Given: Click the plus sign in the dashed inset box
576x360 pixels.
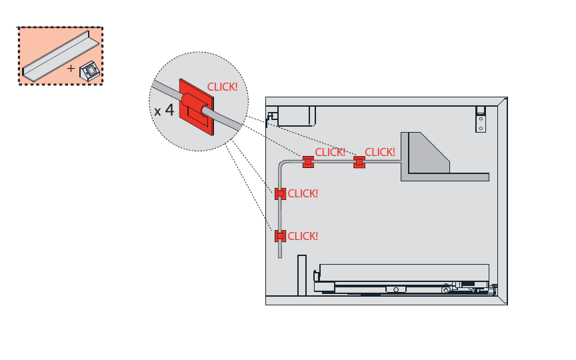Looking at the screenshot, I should (x=71, y=68).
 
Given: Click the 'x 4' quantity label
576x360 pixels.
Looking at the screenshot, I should (x=164, y=110).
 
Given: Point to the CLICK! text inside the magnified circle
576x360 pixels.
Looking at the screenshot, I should (x=222, y=87).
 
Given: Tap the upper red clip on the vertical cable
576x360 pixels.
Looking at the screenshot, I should (x=280, y=194).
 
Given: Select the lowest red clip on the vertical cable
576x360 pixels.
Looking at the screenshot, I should (x=280, y=235).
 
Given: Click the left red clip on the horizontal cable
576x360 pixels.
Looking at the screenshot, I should (x=308, y=161).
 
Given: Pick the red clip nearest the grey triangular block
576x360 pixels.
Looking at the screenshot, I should (x=359, y=161).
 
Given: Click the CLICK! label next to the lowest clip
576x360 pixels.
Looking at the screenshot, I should (x=303, y=236).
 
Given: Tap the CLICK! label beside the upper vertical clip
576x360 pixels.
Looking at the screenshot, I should (x=303, y=194).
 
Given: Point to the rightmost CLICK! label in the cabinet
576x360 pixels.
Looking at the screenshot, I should (x=380, y=152).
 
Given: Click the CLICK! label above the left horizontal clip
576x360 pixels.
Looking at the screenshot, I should (x=330, y=152).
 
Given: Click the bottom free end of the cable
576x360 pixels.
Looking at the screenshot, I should (x=280, y=255).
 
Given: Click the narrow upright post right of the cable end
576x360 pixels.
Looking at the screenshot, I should (x=301, y=275).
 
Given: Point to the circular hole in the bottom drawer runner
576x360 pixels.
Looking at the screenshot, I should (x=396, y=289).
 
